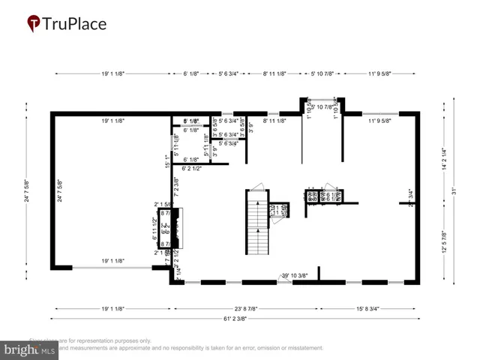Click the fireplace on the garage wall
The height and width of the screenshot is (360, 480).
pos(176,229)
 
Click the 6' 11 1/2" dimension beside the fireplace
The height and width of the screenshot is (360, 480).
pos(155,228)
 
